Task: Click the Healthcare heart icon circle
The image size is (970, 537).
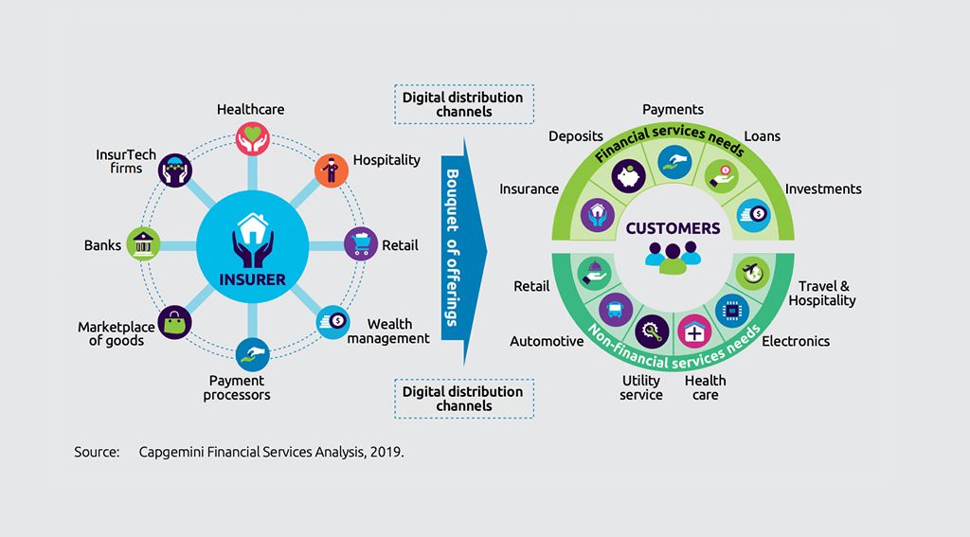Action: click(x=250, y=136)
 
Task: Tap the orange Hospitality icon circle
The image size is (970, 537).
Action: click(x=329, y=169)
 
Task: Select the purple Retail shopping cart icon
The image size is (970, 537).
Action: click(x=360, y=242)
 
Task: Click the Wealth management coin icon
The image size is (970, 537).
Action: click(x=331, y=320)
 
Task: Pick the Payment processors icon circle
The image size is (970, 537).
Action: click(x=251, y=352)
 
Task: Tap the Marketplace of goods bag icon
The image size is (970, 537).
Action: click(x=174, y=322)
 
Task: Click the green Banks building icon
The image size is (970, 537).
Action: click(x=143, y=243)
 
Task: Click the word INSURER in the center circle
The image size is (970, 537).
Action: click(x=252, y=279)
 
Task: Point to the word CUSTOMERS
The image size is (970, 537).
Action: click(x=673, y=228)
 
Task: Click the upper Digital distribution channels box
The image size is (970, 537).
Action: click(x=463, y=104)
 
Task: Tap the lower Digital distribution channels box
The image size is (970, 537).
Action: click(x=463, y=398)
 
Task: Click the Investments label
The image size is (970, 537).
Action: click(x=823, y=189)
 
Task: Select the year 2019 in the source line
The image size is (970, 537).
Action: click(x=388, y=452)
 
